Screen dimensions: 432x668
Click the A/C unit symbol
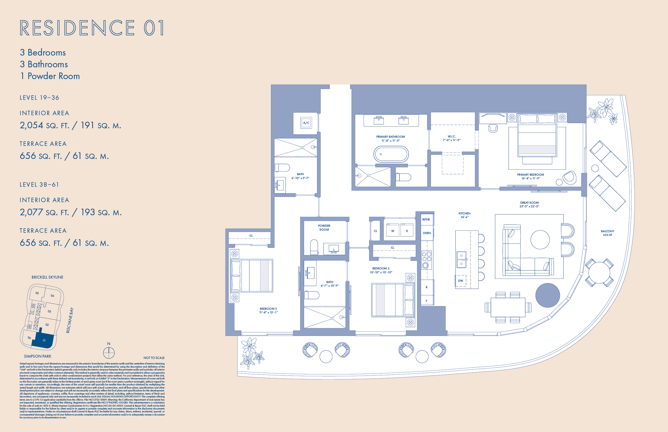click(x=306, y=123)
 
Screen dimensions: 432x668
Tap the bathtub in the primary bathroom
click(x=391, y=154)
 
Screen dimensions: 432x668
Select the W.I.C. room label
click(x=451, y=138)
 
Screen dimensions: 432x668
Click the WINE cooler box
click(x=426, y=219)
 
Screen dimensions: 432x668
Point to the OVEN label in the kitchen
click(x=427, y=233)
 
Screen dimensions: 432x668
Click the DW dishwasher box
click(x=461, y=281)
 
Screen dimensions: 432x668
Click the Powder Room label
click(x=324, y=228)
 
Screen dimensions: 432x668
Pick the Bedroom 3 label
click(x=268, y=310)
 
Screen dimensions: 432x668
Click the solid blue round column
click(x=547, y=295)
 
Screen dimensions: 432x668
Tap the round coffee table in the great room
click(x=540, y=240)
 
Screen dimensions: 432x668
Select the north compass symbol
click(x=109, y=352)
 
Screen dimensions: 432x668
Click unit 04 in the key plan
click(x=52, y=296)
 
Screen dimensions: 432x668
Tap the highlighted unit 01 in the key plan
click(x=44, y=340)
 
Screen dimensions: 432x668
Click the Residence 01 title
click(x=92, y=28)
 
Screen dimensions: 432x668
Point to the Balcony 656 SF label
click(x=607, y=233)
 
